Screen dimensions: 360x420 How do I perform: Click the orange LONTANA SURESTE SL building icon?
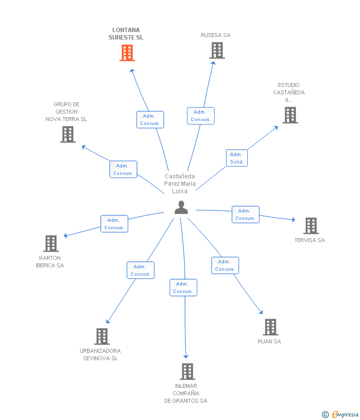click(x=127, y=53)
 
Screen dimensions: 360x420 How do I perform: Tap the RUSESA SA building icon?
click(x=217, y=50)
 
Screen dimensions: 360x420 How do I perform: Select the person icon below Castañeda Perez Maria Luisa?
click(x=181, y=208)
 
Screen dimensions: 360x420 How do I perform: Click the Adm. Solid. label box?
click(x=237, y=158)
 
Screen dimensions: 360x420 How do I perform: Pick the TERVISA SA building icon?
click(x=311, y=226)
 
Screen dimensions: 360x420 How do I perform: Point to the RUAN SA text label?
click(x=269, y=341)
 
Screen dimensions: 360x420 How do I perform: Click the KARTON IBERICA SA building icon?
click(x=51, y=244)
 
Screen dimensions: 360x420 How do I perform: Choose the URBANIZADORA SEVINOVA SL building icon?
click(x=102, y=336)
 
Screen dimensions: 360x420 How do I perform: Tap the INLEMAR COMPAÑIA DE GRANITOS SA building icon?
click(x=187, y=372)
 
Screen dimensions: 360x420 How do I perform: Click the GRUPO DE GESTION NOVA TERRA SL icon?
click(x=68, y=134)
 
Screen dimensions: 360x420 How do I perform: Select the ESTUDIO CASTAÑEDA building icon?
click(x=290, y=115)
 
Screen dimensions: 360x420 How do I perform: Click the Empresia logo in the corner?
click(x=340, y=414)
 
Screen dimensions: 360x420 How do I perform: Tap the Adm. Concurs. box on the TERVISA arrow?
click(x=246, y=214)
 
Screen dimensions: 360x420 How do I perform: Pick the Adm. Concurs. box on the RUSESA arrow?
click(x=201, y=116)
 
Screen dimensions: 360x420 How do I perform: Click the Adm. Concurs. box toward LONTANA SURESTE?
click(x=150, y=120)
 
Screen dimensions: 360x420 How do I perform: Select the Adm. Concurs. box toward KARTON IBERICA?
click(x=114, y=224)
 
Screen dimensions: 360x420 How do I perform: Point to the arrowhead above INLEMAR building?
click(x=186, y=356)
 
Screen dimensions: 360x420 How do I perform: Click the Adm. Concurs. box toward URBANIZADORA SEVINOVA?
click(x=140, y=270)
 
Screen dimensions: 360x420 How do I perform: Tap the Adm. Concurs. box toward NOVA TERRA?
click(x=123, y=169)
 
